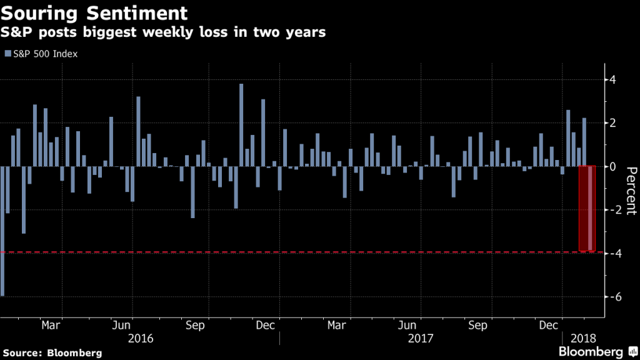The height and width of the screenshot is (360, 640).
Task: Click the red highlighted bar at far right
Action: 587,208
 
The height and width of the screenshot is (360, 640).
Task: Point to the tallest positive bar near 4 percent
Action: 241,125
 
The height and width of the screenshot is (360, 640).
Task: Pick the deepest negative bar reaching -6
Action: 2,231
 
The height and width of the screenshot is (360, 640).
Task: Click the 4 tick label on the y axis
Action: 614,80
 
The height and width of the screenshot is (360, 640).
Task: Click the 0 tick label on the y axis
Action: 614,167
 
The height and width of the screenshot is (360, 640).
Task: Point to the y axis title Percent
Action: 630,191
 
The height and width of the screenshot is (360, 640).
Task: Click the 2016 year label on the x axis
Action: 140,339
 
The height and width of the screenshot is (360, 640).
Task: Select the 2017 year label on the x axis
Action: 420,339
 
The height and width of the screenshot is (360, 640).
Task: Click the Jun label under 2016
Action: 121,325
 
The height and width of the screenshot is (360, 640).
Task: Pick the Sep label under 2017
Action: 477,325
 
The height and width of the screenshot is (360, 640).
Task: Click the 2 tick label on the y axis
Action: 614,123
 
